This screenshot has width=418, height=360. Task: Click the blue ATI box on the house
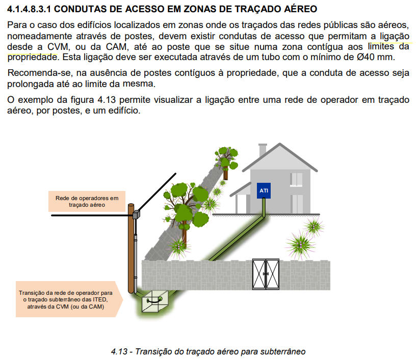coord(264,190)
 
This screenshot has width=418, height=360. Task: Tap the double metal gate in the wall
coord(266,273)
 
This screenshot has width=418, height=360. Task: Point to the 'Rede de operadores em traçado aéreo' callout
coord(86,201)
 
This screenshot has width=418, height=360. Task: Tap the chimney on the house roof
coord(263,150)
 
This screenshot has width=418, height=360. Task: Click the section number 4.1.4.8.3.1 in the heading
coord(30,9)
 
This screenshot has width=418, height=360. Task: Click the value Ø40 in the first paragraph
coord(367,57)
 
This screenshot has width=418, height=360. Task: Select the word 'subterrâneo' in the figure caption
coord(282,351)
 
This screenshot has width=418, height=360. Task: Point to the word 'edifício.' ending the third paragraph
coord(121,110)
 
